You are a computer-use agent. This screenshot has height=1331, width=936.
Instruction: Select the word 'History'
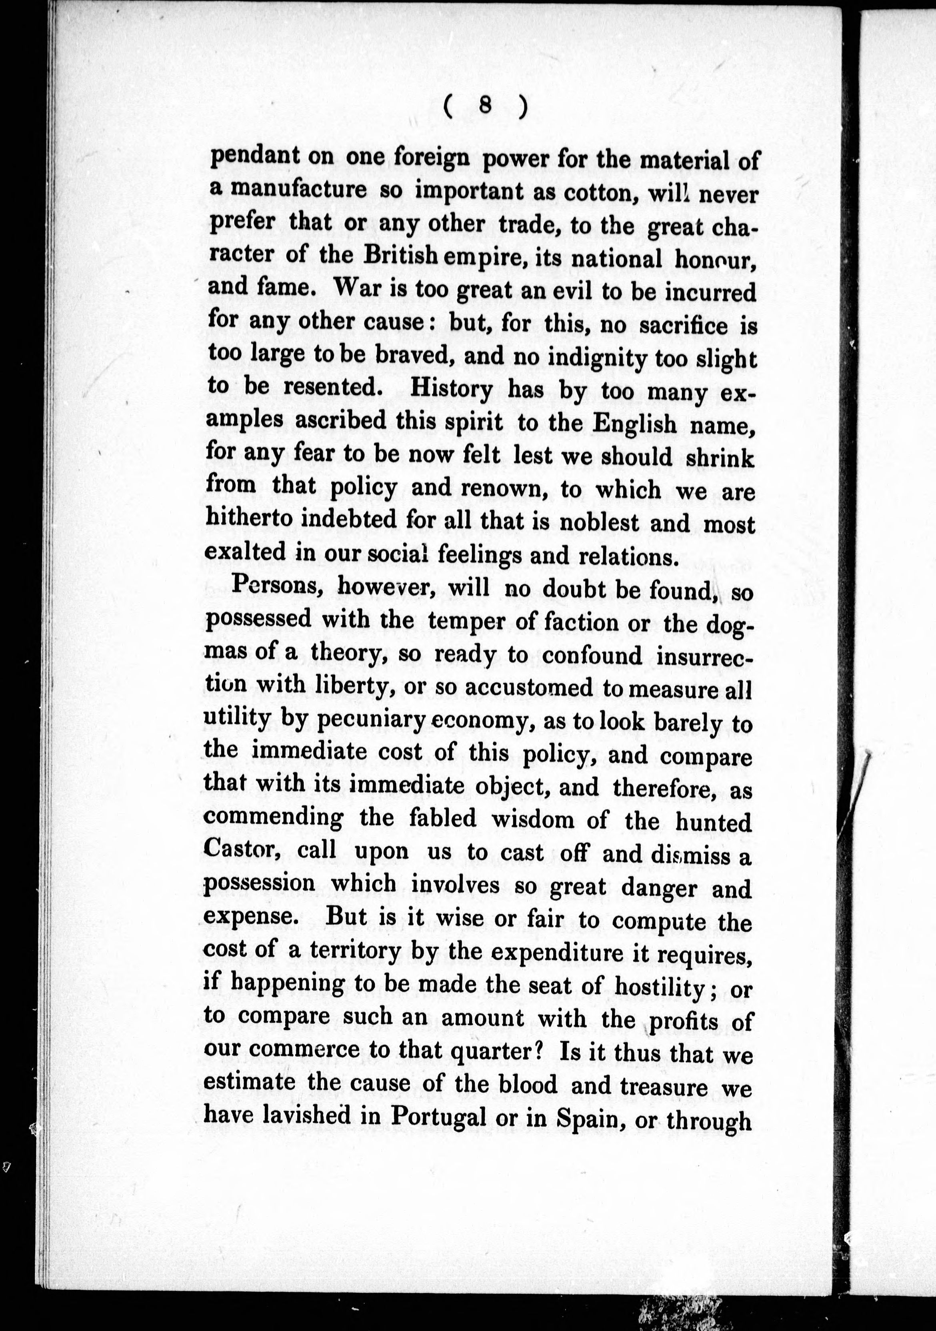451,388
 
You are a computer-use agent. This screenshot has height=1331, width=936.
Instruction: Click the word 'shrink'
720,458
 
